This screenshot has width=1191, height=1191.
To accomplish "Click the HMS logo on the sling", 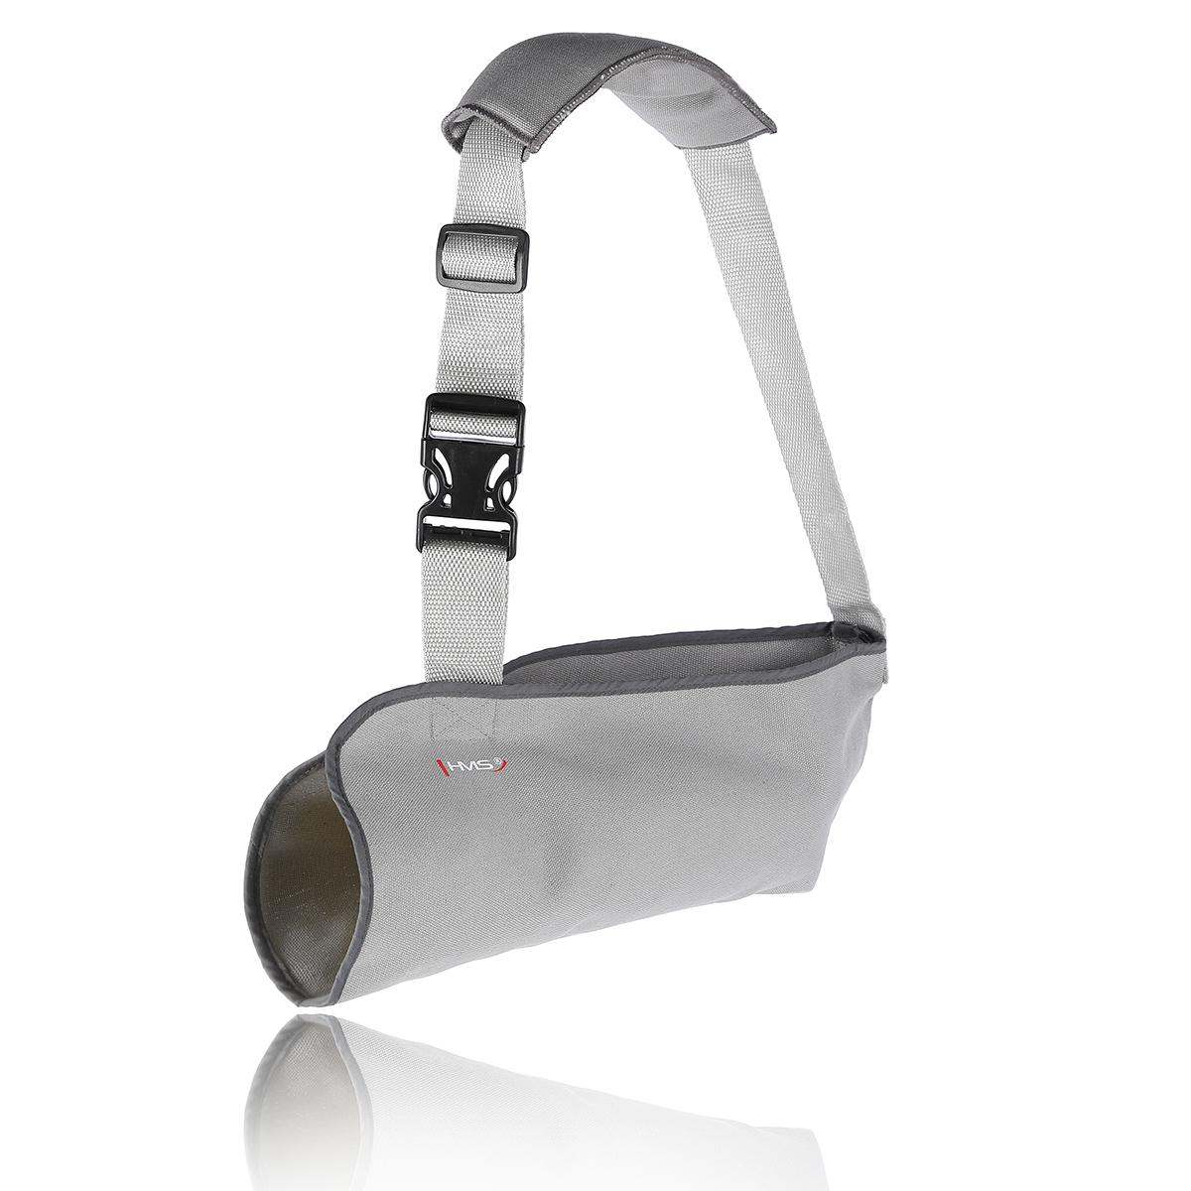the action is [472, 766].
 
